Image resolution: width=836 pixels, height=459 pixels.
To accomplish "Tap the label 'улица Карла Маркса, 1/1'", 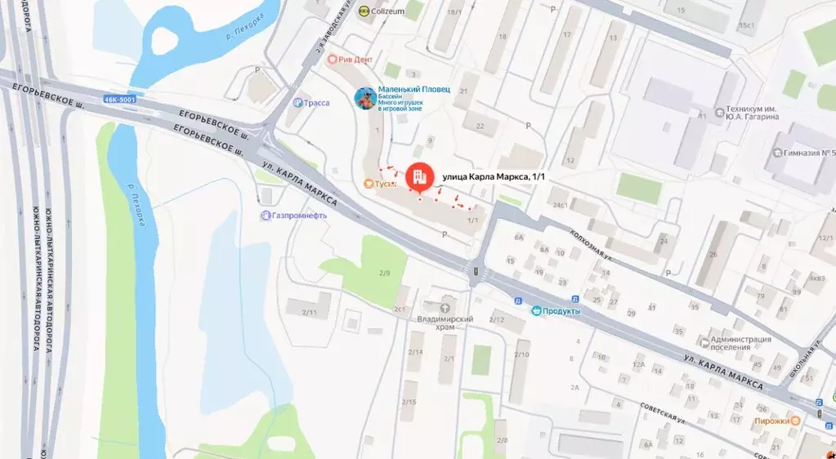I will click(x=492, y=176).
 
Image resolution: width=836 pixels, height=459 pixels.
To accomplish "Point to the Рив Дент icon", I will click(x=333, y=60).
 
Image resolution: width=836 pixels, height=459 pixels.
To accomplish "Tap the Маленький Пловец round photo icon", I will click(x=364, y=99).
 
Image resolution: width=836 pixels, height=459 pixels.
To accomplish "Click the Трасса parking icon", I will click(x=297, y=103).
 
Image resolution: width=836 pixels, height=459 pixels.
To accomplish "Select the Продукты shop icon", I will click(x=536, y=310).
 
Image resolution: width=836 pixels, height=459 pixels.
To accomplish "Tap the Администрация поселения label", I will click(x=741, y=343).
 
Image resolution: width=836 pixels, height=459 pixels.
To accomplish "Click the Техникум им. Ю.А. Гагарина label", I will click(x=749, y=113).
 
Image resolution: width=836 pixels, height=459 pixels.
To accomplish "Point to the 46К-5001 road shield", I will click(x=119, y=99).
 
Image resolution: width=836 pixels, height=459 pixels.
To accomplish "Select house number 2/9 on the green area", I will click(x=384, y=272).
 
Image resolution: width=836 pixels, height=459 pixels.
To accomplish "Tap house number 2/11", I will click(x=309, y=312).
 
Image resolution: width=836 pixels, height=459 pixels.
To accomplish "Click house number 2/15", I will click(x=409, y=402).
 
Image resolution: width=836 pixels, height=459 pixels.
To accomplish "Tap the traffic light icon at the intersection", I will click(x=474, y=270).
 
